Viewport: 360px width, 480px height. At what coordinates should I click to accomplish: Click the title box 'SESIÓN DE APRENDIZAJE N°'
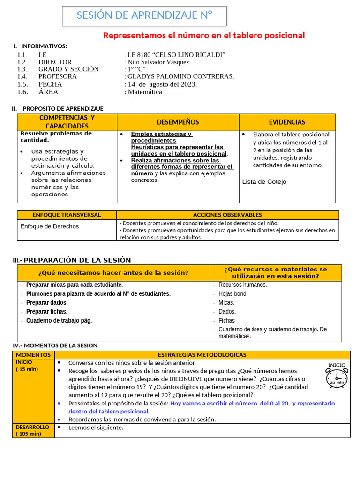point(144,16)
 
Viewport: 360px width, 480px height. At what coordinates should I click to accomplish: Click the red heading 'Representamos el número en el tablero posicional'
point(204,36)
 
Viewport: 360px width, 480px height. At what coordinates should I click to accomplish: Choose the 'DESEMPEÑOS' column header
point(178,122)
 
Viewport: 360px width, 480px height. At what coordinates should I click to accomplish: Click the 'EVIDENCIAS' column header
point(287,122)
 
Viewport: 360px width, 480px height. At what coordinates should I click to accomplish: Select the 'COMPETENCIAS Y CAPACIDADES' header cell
point(67,122)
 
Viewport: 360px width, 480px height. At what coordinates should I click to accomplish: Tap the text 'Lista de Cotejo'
point(264,182)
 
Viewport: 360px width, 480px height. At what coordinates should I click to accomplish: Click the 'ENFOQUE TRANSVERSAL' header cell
point(67,215)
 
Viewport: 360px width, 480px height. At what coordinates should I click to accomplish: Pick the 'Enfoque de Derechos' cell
point(50,226)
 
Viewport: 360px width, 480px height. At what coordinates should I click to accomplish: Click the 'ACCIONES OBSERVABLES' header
point(227,215)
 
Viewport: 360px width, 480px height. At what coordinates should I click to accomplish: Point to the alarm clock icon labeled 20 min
point(337,376)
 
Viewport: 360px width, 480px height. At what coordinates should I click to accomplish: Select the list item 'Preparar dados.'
point(47,303)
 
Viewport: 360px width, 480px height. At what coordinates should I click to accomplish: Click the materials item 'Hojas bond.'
point(233,294)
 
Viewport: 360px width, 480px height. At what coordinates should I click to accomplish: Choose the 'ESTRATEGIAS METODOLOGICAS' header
point(202,355)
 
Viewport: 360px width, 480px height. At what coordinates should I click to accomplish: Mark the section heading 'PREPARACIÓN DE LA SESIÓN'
point(77,260)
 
